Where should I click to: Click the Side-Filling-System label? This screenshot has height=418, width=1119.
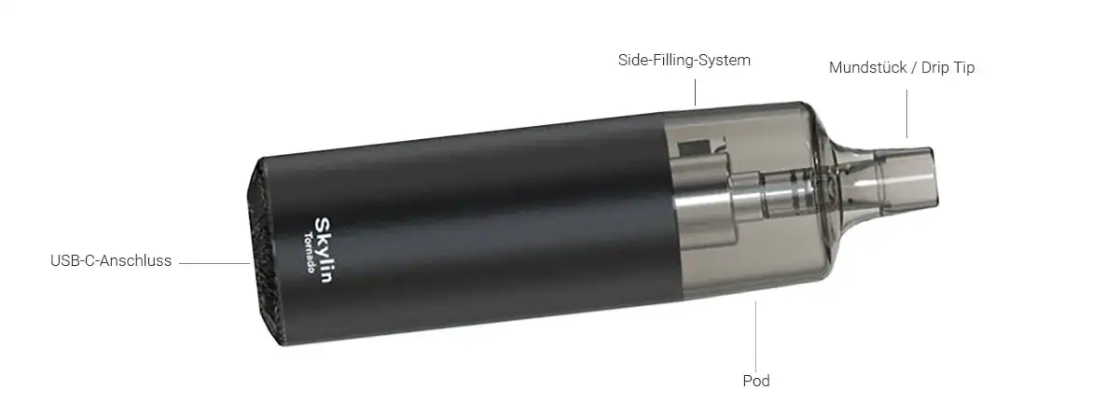point(684,61)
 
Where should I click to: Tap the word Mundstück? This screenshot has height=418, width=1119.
point(868,67)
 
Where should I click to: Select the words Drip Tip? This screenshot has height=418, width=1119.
point(947,68)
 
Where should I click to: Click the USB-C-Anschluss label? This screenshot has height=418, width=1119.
point(111,260)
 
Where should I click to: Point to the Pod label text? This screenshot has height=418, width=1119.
point(756,381)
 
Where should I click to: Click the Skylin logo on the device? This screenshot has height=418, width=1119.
point(324,249)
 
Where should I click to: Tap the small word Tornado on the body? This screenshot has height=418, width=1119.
point(310,253)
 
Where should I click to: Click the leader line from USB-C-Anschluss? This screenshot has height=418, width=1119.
point(214,263)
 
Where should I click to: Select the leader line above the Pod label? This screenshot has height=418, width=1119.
point(755,336)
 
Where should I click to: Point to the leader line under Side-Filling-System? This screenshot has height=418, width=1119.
point(695,92)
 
